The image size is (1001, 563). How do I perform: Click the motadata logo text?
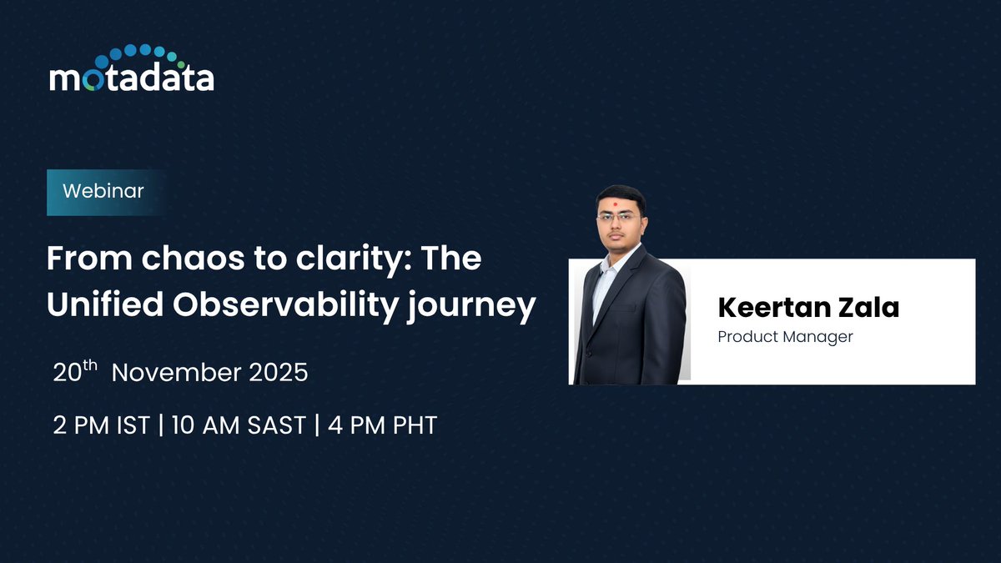point(131,78)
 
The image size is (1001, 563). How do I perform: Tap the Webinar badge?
point(103,191)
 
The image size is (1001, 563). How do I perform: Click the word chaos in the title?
point(168,259)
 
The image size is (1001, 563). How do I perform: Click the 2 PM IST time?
point(101,425)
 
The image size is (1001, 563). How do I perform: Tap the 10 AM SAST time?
point(239,425)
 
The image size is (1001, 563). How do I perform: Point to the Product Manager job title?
point(785,337)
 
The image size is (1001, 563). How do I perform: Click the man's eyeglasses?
point(619,218)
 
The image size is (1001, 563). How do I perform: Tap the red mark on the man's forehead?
point(618,203)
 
